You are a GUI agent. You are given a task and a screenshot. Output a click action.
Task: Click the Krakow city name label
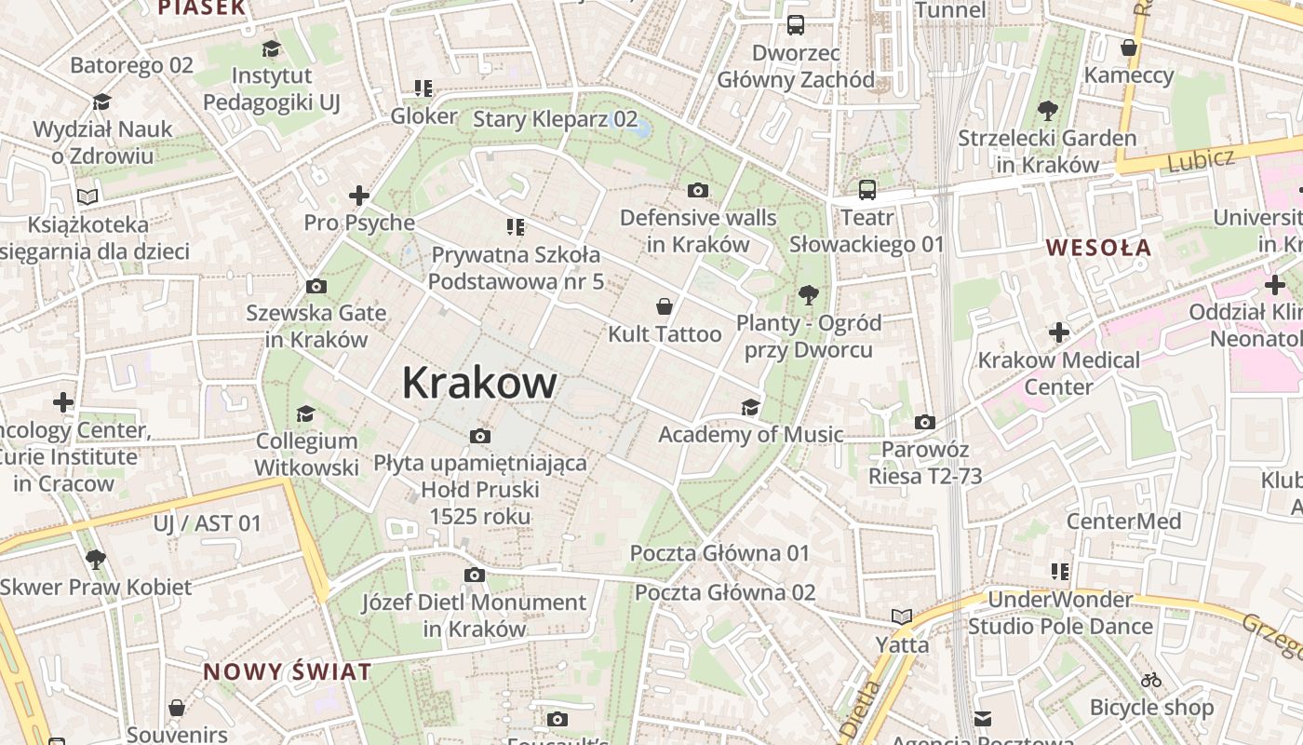(x=479, y=383)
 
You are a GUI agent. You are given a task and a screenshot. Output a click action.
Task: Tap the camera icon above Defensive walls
(x=697, y=191)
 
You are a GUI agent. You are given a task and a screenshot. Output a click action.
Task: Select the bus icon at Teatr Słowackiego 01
(x=867, y=190)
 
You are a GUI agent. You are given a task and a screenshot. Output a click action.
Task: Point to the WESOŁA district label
(x=1098, y=248)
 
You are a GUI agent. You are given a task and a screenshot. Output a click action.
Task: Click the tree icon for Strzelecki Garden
(x=1048, y=111)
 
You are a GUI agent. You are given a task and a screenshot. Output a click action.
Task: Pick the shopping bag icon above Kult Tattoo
(x=665, y=306)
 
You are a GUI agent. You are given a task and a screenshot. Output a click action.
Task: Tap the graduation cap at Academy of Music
(x=750, y=407)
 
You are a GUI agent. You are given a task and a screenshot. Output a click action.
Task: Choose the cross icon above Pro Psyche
(x=358, y=196)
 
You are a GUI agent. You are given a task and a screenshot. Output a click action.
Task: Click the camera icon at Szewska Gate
(x=316, y=286)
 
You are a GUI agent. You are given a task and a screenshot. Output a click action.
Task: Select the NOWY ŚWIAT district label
(x=288, y=671)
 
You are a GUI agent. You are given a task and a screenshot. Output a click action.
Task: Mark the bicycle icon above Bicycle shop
(x=1151, y=680)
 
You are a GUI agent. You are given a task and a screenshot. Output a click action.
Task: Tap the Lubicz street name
(x=1201, y=159)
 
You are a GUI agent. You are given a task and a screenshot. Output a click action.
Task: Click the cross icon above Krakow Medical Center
(x=1058, y=332)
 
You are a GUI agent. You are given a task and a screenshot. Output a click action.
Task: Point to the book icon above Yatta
(x=901, y=616)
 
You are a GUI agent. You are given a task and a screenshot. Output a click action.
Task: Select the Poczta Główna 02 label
(x=725, y=592)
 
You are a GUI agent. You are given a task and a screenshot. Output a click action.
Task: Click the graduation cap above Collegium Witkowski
(x=305, y=413)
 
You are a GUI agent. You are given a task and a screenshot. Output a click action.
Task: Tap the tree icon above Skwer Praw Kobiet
(x=95, y=560)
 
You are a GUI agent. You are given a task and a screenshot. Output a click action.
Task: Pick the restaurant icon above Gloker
(x=423, y=88)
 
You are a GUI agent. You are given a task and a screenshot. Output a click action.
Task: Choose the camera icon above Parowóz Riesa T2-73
(x=924, y=423)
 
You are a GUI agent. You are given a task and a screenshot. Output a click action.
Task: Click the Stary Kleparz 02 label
(x=555, y=119)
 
